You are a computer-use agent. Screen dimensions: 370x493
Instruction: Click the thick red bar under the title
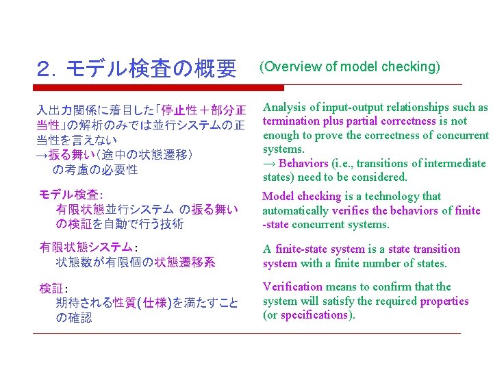158,88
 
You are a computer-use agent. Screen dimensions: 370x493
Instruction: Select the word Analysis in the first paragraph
283,107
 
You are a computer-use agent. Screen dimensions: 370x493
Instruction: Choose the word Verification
292,286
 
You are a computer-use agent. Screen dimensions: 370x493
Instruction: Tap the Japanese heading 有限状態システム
86,247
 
